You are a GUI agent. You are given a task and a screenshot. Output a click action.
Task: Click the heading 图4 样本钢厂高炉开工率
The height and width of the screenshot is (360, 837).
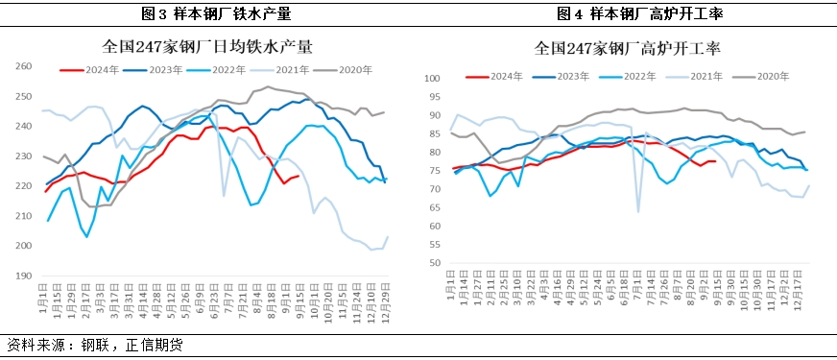pyautogui.click(x=628, y=13)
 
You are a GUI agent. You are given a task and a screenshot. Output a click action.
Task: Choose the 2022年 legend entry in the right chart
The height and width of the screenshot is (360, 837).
pyautogui.click(x=627, y=76)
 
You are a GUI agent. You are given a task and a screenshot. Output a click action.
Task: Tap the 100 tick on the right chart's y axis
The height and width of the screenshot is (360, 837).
pyautogui.click(x=432, y=79)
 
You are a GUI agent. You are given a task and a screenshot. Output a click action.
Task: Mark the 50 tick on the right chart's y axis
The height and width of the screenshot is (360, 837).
pyautogui.click(x=434, y=262)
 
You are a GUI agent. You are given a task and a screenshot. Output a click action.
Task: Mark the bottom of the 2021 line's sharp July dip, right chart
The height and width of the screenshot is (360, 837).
pyautogui.click(x=638, y=211)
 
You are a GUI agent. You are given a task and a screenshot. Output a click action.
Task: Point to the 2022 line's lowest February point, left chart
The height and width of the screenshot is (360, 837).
pyautogui.click(x=87, y=236)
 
